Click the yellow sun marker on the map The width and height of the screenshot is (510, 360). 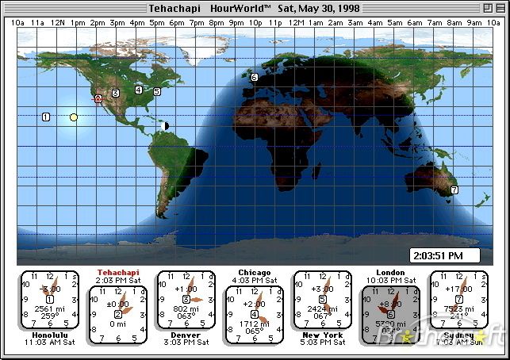click(74, 117)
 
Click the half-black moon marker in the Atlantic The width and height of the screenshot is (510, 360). click(165, 125)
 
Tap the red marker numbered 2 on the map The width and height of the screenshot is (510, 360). click(98, 99)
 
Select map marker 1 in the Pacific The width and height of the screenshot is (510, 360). click(45, 117)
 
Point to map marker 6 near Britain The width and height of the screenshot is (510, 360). click(255, 78)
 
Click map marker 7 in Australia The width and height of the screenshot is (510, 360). click(454, 190)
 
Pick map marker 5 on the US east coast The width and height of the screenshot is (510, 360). click(156, 92)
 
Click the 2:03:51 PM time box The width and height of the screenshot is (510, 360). click(446, 255)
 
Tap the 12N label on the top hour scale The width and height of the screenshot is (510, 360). click(58, 23)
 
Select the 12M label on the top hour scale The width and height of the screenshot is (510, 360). click(296, 23)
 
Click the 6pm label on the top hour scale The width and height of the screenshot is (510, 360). click(177, 23)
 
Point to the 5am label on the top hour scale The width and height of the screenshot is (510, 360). click(395, 23)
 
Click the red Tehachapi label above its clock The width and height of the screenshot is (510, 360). click(117, 272)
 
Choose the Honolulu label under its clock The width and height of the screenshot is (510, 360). click(49, 335)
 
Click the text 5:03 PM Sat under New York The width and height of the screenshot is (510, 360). click(322, 343)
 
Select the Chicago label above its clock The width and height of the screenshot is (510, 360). click(254, 272)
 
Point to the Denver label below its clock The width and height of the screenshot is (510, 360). click(186, 335)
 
